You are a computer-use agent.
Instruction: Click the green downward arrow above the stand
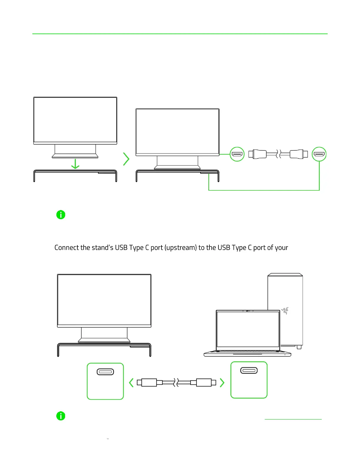pos(75,164)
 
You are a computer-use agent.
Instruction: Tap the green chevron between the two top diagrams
pos(126,159)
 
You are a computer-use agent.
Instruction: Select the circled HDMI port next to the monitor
pos(237,154)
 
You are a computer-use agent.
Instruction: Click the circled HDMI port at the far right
pos(319,154)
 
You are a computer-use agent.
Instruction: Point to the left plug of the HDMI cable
pos(257,154)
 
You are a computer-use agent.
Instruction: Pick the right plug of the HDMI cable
pos(299,154)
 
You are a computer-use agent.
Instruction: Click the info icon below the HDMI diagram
pos(61,215)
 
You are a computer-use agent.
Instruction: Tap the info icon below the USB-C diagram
pos(61,416)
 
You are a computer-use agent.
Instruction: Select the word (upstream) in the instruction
pos(180,248)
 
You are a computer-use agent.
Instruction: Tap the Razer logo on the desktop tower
pos(285,311)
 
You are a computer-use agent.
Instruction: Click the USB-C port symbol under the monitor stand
pos(105,372)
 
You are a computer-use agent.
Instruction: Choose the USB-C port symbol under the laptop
pos(249,370)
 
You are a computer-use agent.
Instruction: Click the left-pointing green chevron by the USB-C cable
pos(131,383)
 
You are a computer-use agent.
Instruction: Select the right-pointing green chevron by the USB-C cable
pos(222,383)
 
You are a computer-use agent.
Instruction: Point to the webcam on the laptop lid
pos(248,311)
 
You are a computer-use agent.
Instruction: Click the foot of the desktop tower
pos(299,347)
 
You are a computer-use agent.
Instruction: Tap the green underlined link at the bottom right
pos(293,418)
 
